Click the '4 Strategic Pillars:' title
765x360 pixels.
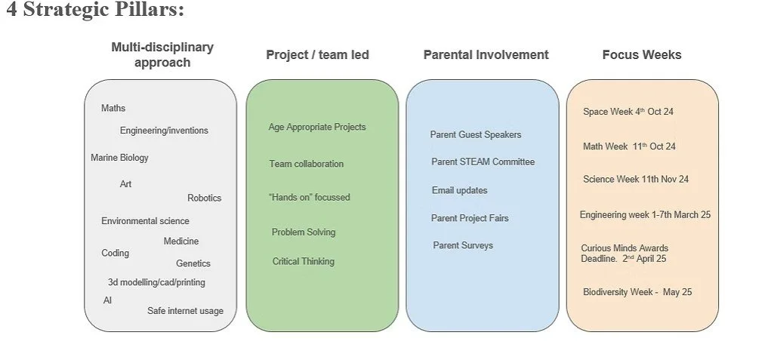point(95,11)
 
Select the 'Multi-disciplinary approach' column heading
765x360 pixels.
point(162,54)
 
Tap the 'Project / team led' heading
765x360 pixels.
point(317,54)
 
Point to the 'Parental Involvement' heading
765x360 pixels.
point(486,54)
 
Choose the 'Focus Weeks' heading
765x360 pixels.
point(641,54)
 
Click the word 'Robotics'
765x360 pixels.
point(204,198)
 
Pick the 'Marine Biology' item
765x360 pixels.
point(119,158)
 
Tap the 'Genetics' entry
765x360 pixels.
point(193,263)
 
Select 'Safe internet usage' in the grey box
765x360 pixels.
point(185,310)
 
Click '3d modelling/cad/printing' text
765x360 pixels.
point(156,282)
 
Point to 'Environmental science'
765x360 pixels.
point(145,221)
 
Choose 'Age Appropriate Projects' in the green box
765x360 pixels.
point(316,127)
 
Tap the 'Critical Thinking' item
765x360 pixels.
point(303,261)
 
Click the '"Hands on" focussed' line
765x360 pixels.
point(309,197)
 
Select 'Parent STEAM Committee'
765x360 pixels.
point(483,162)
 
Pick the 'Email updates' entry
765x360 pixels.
point(459,190)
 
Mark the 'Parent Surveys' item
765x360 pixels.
point(462,245)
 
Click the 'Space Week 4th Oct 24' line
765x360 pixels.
point(628,112)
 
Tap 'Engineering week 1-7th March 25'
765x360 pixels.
point(645,215)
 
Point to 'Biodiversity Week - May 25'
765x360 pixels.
point(637,292)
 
